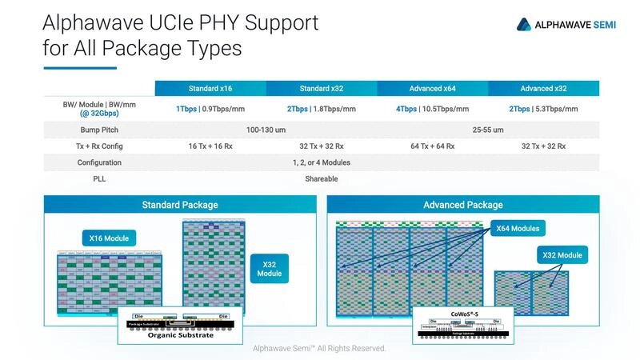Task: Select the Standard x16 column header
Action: (210, 89)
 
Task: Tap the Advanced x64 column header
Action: (431, 89)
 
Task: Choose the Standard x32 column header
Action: (321, 89)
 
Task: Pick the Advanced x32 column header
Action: (542, 89)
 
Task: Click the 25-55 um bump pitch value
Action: (487, 130)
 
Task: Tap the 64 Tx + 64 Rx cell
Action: (432, 146)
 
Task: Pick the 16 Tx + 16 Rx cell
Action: (210, 146)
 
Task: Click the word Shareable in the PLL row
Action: (321, 178)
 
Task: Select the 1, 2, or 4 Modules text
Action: (321, 162)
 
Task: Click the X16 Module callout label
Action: (109, 238)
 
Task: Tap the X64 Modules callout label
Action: (518, 229)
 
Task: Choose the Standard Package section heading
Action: (179, 205)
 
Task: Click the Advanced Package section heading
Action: (462, 205)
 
